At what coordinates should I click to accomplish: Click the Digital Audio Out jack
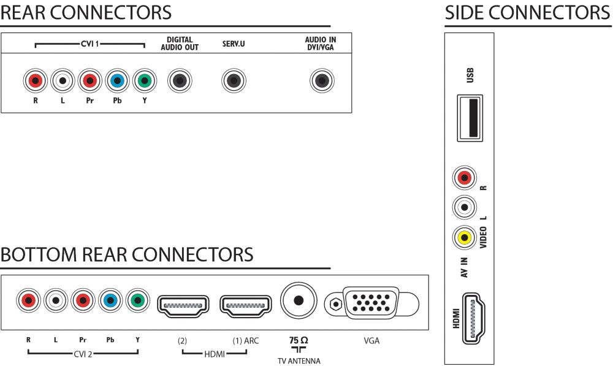tap(180, 81)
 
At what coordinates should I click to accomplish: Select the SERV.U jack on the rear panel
tap(234, 81)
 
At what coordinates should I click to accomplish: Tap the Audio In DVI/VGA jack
tap(322, 81)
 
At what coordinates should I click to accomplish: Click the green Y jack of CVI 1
tap(145, 81)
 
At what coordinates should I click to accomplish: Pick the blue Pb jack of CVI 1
tap(117, 81)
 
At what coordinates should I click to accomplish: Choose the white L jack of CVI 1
tap(63, 81)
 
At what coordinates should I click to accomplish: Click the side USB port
tap(470, 118)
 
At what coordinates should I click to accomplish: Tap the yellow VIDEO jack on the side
tap(465, 237)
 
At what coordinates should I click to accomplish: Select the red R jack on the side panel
tap(465, 178)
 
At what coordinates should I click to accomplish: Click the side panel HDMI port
tap(473, 318)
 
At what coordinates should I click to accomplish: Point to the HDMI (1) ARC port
tap(246, 306)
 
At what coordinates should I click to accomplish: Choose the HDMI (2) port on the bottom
tap(183, 306)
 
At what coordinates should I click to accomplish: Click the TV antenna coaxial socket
tap(299, 300)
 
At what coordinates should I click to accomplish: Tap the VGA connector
tap(371, 303)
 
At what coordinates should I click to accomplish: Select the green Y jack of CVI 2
tap(137, 300)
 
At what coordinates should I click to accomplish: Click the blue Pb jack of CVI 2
tap(110, 300)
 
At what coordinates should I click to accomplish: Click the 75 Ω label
tap(299, 340)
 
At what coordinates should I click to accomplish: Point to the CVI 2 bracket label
tap(83, 354)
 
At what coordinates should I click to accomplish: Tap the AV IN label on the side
tap(464, 267)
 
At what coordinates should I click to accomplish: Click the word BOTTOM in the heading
tap(39, 254)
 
